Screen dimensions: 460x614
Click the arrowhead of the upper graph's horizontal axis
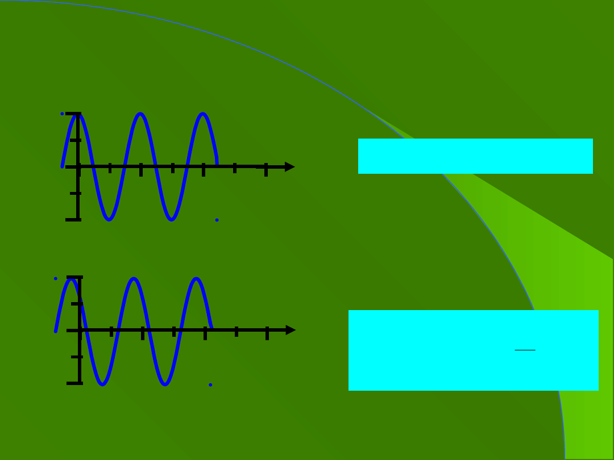tap(290, 166)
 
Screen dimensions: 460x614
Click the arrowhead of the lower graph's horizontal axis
tap(291, 330)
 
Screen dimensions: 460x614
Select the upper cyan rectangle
tap(475, 156)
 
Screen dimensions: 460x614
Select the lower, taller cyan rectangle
tap(473, 350)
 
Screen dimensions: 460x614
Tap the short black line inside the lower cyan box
tap(525, 350)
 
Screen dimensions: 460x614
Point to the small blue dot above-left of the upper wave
tap(62, 114)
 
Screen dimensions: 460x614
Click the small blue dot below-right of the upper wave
tap(217, 220)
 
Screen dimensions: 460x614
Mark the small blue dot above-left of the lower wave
tap(55, 278)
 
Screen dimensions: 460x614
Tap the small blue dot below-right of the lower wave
tap(210, 384)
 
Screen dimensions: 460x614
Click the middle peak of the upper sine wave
tap(140, 115)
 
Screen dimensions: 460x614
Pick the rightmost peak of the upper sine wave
tap(203, 115)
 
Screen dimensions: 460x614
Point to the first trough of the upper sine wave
tap(109, 219)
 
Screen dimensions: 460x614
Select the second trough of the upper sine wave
tap(172, 219)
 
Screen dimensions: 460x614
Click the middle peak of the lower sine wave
tap(134, 279)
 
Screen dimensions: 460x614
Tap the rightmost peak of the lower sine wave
tap(196, 279)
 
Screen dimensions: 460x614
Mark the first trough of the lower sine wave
tap(102, 384)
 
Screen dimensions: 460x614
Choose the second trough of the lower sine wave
tap(165, 384)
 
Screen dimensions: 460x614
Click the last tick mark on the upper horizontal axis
tap(265, 169)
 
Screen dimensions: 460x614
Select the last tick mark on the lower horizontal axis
tap(267, 333)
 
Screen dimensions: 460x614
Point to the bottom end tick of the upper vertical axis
tap(73, 219)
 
